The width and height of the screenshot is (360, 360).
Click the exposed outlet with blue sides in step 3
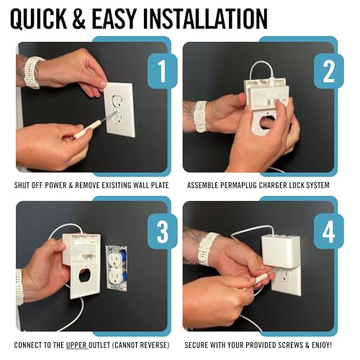116,268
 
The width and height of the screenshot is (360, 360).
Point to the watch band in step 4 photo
208,248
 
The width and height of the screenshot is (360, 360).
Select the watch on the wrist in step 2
199,116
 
